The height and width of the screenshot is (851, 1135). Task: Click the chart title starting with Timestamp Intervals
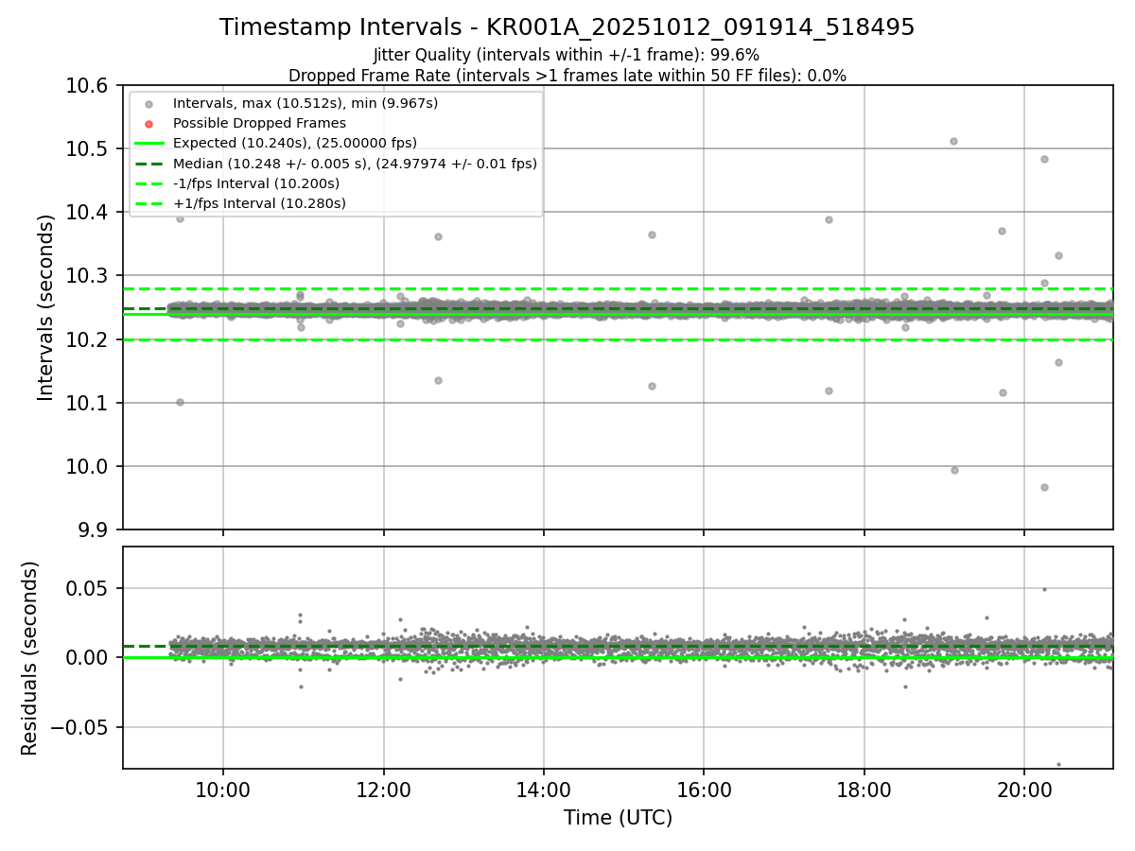click(x=567, y=27)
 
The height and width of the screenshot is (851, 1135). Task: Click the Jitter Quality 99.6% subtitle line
click(x=567, y=55)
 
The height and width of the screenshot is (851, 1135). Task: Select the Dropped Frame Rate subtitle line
click(x=567, y=76)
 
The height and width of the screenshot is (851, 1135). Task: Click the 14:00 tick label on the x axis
click(x=543, y=790)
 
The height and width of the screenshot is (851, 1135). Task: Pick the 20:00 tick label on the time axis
click(x=1024, y=790)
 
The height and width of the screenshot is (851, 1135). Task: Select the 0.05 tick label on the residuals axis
click(x=91, y=588)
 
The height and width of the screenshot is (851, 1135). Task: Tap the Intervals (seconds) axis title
click(x=46, y=307)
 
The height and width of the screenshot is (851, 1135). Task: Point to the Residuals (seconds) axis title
click(x=30, y=658)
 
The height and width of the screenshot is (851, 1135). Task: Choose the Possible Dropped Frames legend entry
click(x=259, y=123)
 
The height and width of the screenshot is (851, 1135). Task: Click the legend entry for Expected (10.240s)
click(x=294, y=143)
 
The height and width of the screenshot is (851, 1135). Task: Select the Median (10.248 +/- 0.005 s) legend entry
click(x=355, y=164)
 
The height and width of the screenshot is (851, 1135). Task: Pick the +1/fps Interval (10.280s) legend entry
click(x=258, y=203)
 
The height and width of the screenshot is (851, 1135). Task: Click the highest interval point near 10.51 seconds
click(x=953, y=141)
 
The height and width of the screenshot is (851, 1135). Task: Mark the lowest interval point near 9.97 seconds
click(x=1044, y=487)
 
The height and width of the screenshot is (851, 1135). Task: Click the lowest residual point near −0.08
click(x=1058, y=764)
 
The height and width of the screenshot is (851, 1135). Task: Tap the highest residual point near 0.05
click(x=1044, y=589)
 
